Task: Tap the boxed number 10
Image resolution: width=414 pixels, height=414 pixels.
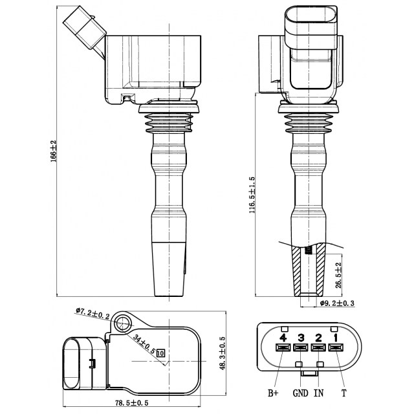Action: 161,353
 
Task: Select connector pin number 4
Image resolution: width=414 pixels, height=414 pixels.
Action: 283,337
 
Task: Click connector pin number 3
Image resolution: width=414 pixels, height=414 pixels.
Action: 300,337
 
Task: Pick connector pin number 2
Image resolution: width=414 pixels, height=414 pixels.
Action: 318,337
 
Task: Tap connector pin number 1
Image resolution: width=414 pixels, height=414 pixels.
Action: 335,337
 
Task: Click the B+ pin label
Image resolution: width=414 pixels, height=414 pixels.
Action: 274,392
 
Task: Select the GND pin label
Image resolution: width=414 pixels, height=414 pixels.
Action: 300,392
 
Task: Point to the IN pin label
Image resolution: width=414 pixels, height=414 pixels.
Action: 319,392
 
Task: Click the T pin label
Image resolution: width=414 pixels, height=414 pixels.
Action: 343,392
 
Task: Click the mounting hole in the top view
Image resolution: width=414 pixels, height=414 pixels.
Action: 123,324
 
